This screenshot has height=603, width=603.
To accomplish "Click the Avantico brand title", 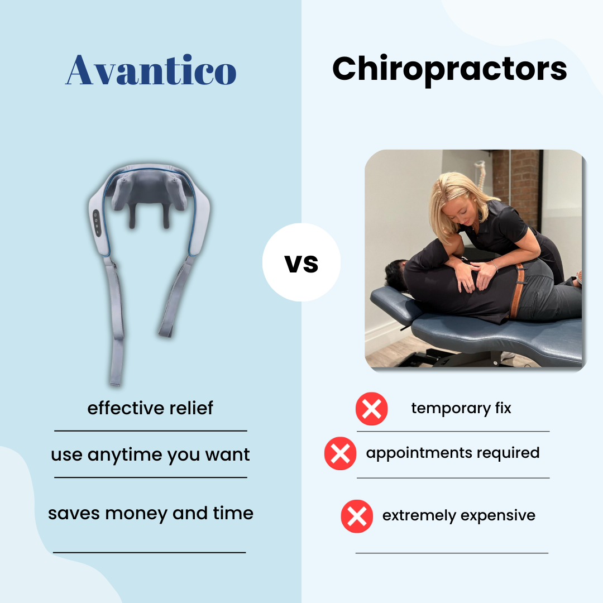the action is click(x=151, y=70).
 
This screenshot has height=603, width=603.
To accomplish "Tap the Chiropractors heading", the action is click(x=449, y=70).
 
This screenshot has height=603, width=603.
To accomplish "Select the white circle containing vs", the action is click(x=301, y=262).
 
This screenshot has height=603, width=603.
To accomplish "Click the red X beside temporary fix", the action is click(x=371, y=408).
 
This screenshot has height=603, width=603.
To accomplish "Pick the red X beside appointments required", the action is click(x=341, y=453).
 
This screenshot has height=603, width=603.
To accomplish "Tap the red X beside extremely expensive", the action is click(x=357, y=516).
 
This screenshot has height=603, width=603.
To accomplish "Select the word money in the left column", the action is click(x=136, y=514).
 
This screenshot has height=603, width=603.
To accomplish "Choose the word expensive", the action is click(x=497, y=516).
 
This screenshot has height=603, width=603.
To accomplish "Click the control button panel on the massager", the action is click(x=97, y=223).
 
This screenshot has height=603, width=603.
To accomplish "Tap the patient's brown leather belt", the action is click(x=518, y=291).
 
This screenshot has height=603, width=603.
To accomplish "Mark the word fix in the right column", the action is click(x=503, y=408).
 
